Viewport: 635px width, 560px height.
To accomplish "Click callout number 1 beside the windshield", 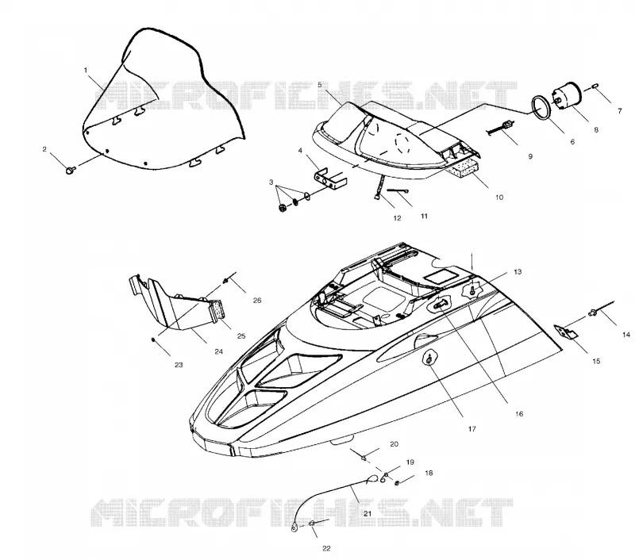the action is click(x=86, y=71).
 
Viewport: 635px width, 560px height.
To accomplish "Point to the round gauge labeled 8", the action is click(x=566, y=97).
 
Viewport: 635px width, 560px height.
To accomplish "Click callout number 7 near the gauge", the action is click(x=620, y=111).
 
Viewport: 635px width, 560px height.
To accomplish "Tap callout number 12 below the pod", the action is click(x=397, y=218).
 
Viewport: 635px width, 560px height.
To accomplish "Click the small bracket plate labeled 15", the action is click(x=566, y=332).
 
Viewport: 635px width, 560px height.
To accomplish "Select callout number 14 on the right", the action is click(x=626, y=335).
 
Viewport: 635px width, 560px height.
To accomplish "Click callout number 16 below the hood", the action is click(x=519, y=413).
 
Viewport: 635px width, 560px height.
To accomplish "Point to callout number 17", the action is click(x=471, y=428).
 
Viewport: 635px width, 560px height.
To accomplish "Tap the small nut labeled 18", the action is click(x=398, y=483).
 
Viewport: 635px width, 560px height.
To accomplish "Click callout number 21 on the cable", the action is click(x=368, y=513).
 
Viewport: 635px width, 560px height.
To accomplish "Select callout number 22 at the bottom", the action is click(x=326, y=548).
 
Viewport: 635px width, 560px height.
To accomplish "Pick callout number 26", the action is click(x=257, y=301).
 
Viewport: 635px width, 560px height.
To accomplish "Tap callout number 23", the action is click(x=179, y=365).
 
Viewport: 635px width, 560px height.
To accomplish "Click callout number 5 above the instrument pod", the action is click(x=320, y=85).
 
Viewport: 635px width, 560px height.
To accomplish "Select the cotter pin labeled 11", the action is click(x=398, y=191).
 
